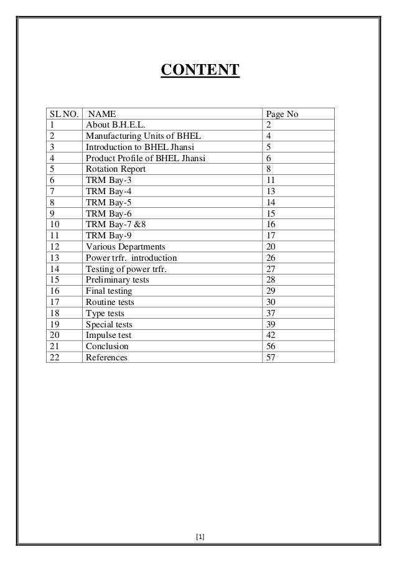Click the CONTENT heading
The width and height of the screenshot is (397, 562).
(x=200, y=70)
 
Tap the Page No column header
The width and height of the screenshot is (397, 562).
(x=283, y=114)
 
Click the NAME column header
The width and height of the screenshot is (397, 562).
(x=101, y=114)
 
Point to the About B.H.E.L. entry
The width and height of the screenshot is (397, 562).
(x=116, y=125)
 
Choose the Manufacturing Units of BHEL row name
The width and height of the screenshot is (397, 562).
(x=143, y=136)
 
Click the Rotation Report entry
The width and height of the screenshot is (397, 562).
(x=116, y=169)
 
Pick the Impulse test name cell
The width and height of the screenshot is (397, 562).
(x=108, y=335)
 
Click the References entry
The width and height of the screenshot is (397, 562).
(x=106, y=358)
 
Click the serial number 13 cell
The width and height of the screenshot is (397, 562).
(x=55, y=258)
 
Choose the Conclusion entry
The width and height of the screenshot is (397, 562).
(x=107, y=347)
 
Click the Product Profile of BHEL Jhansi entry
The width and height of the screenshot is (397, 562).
(x=146, y=158)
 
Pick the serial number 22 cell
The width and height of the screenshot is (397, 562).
(x=55, y=358)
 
